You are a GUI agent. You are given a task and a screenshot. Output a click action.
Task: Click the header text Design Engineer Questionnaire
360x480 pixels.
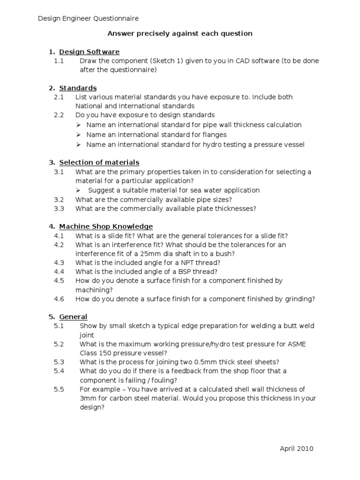pos(88,18)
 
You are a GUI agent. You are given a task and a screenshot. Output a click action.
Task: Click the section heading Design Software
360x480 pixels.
pos(89,52)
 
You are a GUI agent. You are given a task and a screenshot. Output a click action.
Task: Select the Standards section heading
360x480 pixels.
pos(78,88)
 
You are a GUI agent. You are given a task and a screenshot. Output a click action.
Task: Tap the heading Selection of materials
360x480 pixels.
pos(99,163)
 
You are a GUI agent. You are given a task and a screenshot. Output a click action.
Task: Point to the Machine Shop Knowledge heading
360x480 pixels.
pos(106,227)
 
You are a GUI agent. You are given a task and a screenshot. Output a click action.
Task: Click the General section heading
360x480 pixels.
pos(73,317)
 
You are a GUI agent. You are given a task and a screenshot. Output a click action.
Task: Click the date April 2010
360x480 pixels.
pos(296,449)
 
